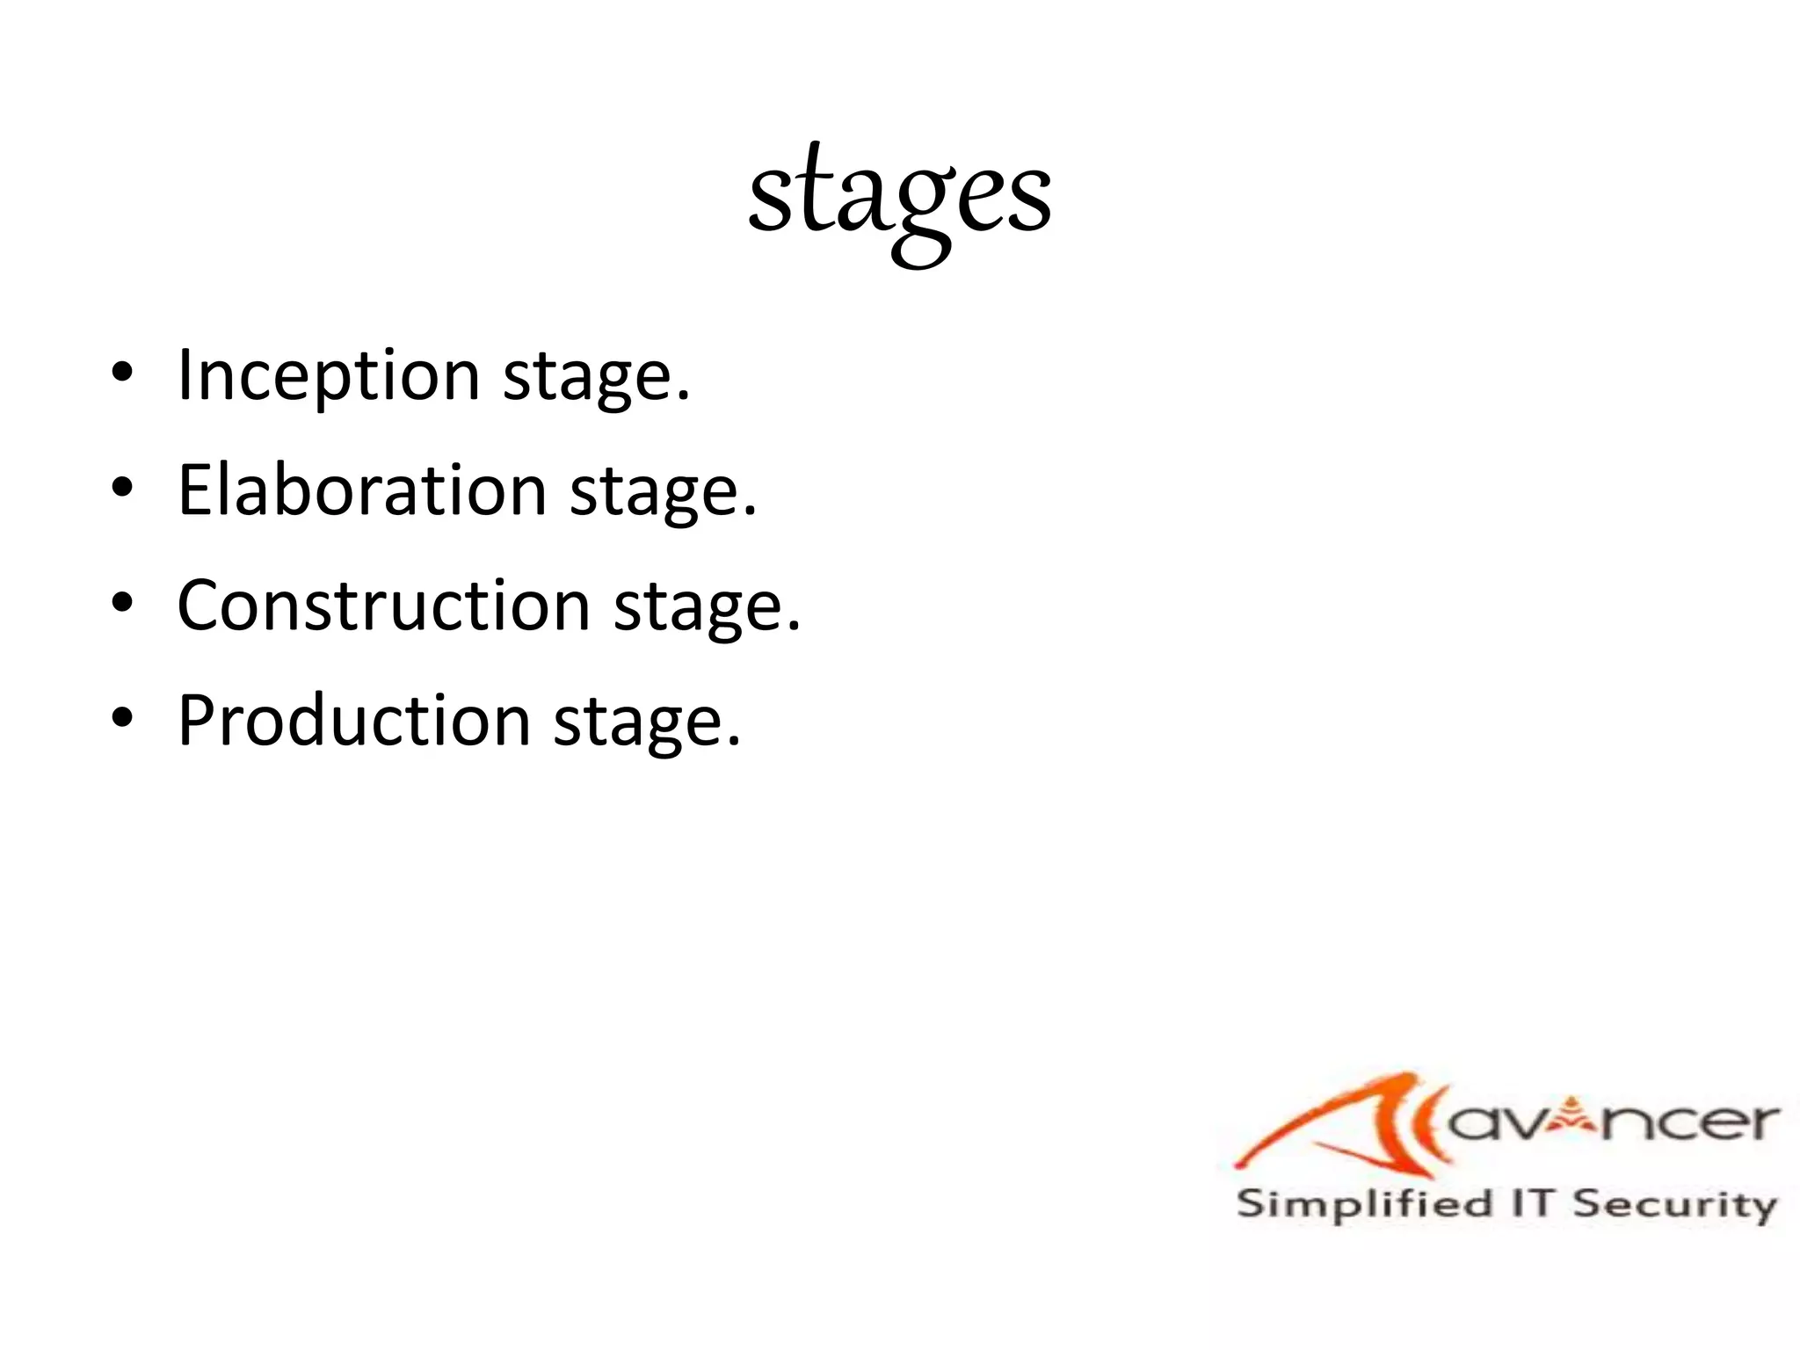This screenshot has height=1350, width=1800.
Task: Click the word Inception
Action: coord(328,375)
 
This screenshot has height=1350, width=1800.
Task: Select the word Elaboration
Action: coord(362,490)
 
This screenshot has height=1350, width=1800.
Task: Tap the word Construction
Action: coord(383,606)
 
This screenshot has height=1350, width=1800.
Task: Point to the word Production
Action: coord(353,721)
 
